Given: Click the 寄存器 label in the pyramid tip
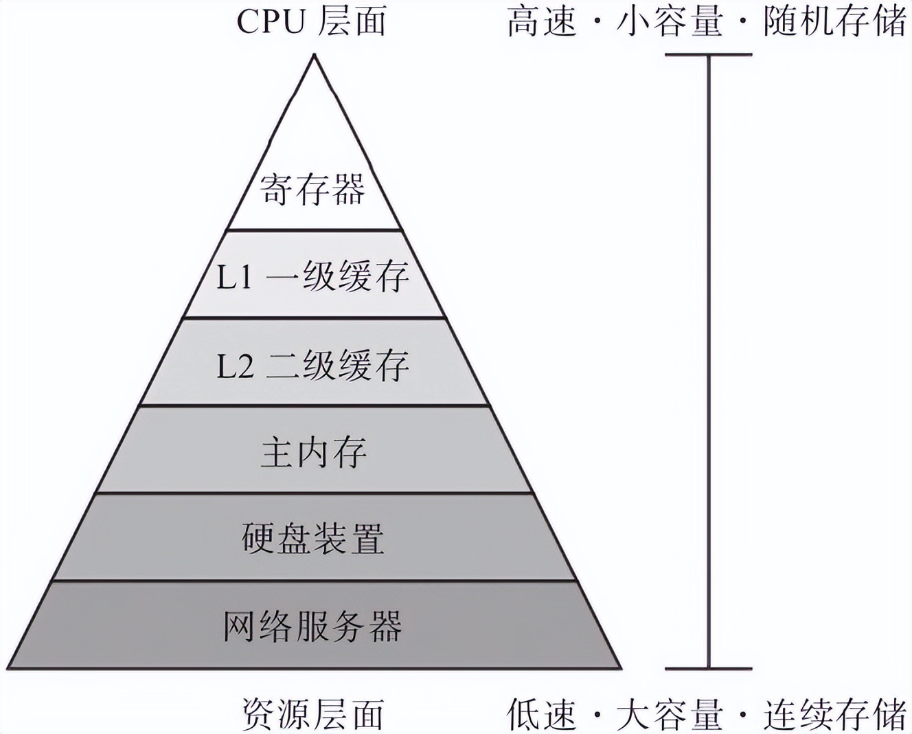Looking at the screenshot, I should tap(312, 189).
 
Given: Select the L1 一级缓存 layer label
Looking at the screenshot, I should tap(312, 277).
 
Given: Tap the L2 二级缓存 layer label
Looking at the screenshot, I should tap(312, 365).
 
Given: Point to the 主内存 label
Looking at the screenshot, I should tap(314, 452).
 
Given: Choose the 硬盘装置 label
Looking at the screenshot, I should tap(312, 539).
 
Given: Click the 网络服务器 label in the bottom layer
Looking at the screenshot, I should tap(312, 626).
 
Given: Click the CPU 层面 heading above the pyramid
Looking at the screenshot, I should tap(311, 21).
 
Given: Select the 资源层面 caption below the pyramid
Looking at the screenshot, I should tap(312, 715).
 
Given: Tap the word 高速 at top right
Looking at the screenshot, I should tap(541, 21).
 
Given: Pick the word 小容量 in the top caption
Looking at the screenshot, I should tap(670, 21).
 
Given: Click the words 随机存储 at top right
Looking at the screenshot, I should tap(834, 21).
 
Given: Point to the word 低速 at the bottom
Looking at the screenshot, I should tap(541, 715).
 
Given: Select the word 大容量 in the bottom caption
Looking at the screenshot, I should tap(670, 715).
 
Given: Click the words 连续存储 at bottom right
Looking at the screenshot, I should tap(834, 715).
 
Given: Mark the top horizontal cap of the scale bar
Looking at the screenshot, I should tap(709, 54).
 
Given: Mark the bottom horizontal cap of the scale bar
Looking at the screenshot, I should tap(709, 668).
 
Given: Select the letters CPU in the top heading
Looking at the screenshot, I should tap(271, 22).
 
